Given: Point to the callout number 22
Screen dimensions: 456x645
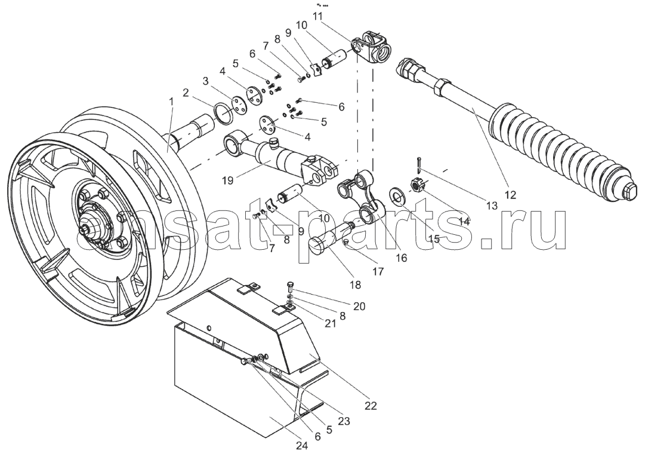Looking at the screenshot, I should (x=371, y=405).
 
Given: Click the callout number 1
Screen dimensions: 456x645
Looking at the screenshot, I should (x=171, y=102).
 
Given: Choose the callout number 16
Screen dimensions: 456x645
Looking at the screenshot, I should (x=401, y=258).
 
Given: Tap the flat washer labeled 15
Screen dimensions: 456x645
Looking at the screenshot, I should (x=396, y=195).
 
